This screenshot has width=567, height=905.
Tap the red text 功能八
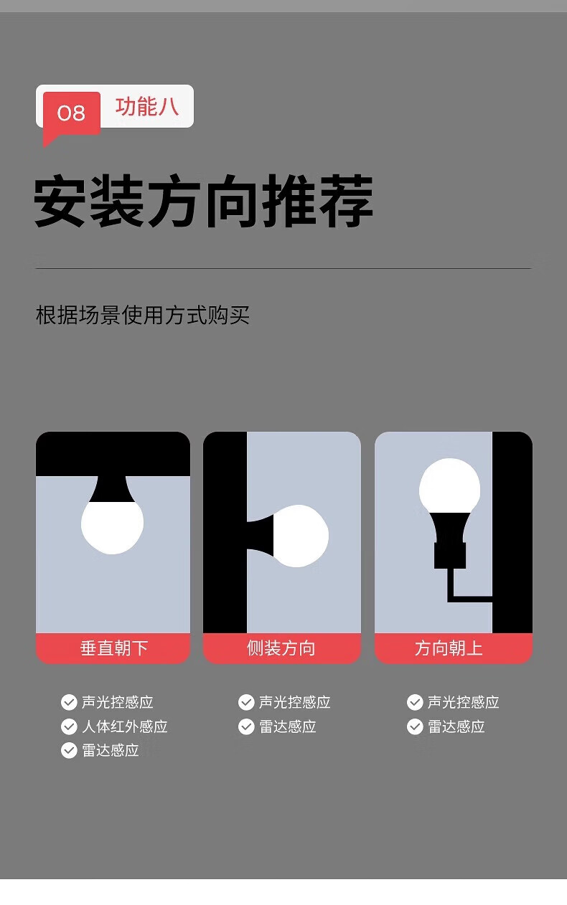tap(147, 107)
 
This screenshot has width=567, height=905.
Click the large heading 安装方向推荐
tap(203, 202)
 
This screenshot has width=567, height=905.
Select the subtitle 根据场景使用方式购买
tap(142, 315)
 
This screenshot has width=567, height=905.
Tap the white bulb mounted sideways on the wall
tap(301, 536)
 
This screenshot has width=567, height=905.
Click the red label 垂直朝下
tap(113, 648)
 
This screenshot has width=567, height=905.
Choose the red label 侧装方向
tap(281, 648)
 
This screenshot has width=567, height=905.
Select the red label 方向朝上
tap(449, 648)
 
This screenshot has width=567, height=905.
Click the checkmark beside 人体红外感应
tap(69, 726)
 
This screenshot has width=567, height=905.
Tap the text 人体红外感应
tap(125, 726)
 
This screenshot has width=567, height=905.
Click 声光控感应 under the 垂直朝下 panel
tap(117, 702)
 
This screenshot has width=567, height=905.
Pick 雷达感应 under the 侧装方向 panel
tap(288, 726)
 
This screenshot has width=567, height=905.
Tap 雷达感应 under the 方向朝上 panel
tap(456, 726)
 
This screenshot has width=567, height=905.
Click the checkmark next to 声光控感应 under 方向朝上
tap(415, 702)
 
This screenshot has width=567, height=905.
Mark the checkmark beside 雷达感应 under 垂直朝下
tap(69, 750)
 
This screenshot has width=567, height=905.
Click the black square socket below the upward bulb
tap(450, 556)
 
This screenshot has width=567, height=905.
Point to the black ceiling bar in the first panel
tap(113, 454)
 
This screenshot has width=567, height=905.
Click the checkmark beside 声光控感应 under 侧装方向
tap(246, 702)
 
